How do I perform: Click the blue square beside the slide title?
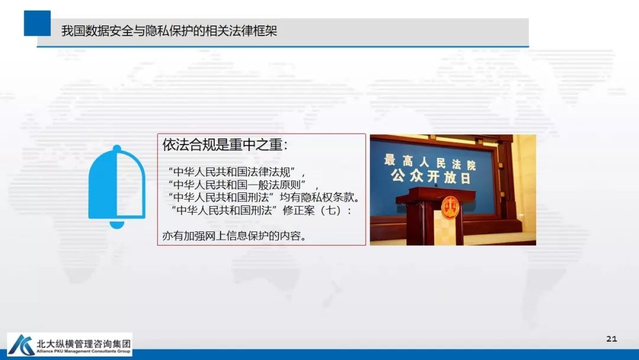point(37,23)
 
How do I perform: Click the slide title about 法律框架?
point(169,31)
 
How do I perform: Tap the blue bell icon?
point(117,186)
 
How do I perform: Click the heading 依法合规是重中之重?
point(225,145)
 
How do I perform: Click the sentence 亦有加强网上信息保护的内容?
point(234,236)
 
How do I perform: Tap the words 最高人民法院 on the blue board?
point(430,160)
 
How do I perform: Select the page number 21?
point(612,339)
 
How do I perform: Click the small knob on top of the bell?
point(117,148)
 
